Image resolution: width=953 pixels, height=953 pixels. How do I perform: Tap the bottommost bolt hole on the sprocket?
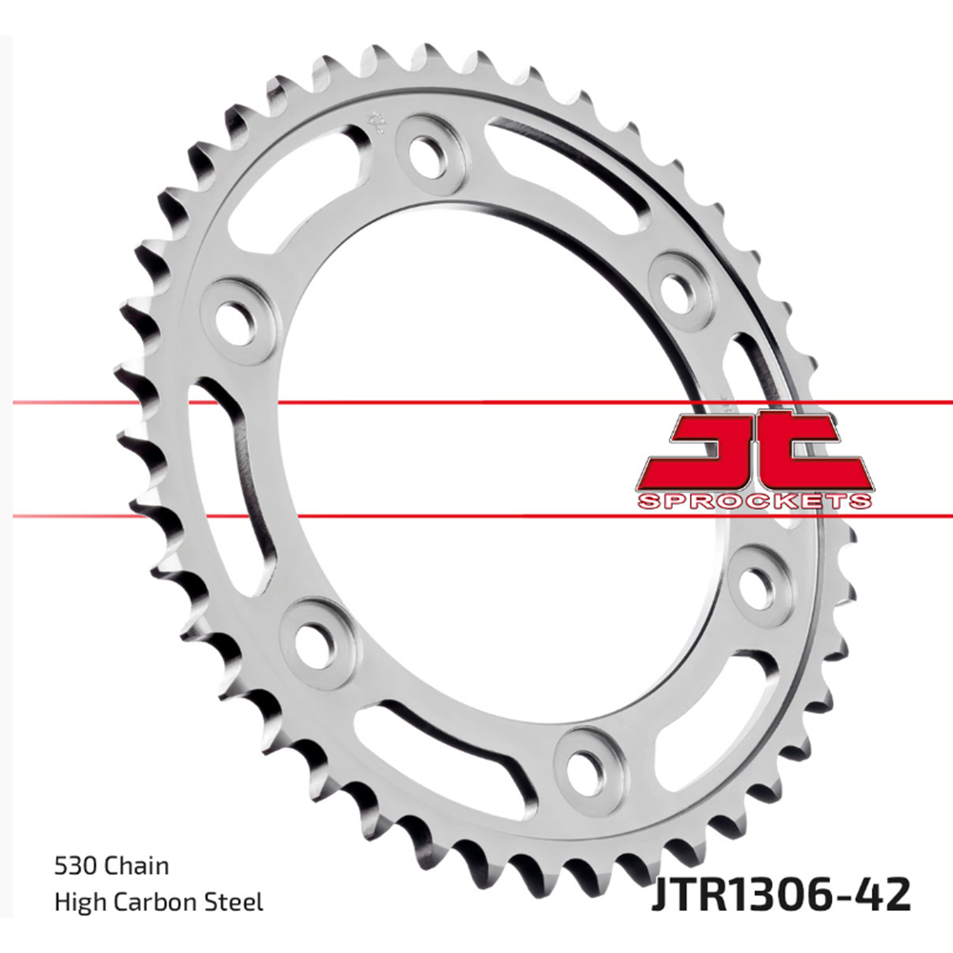(582, 761)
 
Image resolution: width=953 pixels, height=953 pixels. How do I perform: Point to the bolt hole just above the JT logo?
(677, 286)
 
